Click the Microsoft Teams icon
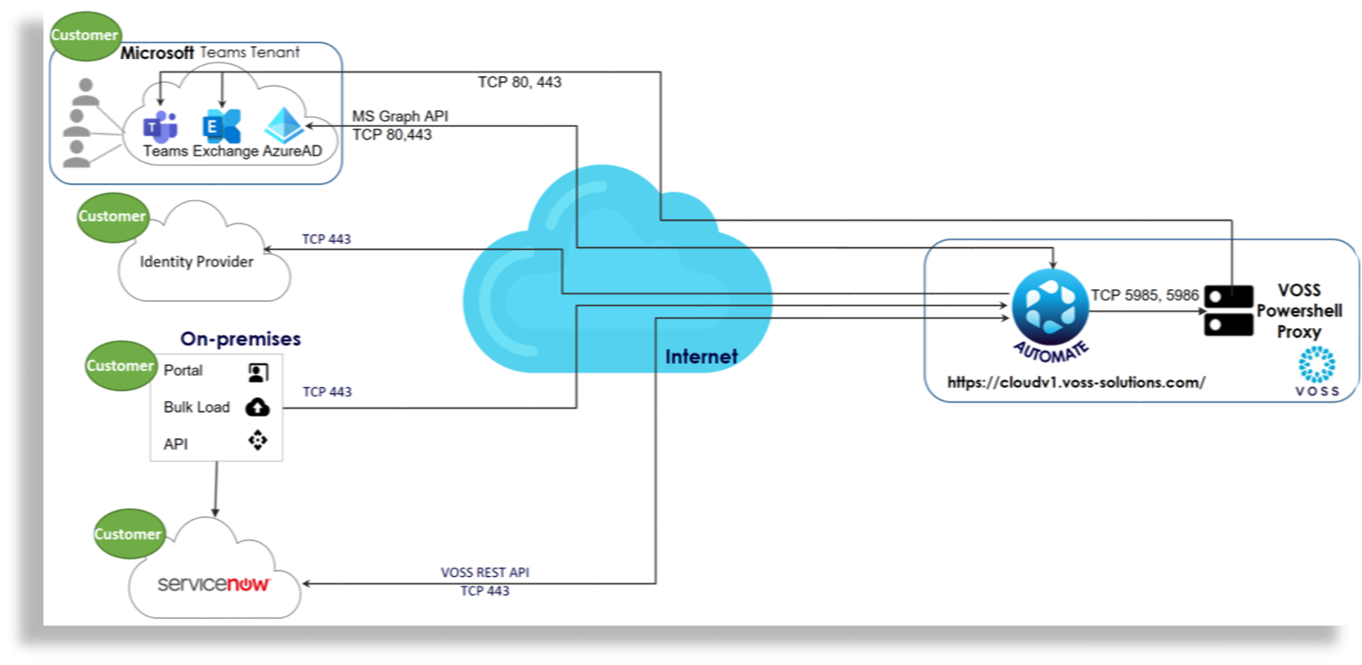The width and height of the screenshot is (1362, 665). pyautogui.click(x=161, y=126)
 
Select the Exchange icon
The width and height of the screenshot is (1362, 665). pyautogui.click(x=221, y=126)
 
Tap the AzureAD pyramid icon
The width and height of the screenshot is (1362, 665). pyautogui.click(x=284, y=125)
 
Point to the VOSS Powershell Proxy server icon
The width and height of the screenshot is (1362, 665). pyautogui.click(x=1228, y=311)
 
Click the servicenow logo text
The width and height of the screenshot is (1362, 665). pyautogui.click(x=213, y=584)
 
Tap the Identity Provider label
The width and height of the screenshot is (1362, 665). pyautogui.click(x=196, y=262)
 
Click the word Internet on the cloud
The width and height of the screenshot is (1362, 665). pyautogui.click(x=701, y=357)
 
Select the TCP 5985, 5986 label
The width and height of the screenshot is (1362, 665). pyautogui.click(x=1144, y=295)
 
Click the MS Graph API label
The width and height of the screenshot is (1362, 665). pyautogui.click(x=400, y=116)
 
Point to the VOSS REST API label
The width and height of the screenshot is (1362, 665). pyautogui.click(x=484, y=572)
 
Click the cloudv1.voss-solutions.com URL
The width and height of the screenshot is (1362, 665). pyautogui.click(x=1076, y=383)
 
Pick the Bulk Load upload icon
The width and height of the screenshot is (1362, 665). pyautogui.click(x=257, y=407)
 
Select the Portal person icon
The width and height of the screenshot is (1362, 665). pyautogui.click(x=258, y=372)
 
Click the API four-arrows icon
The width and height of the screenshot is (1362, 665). pyautogui.click(x=258, y=441)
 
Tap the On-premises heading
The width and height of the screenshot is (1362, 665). pyautogui.click(x=240, y=339)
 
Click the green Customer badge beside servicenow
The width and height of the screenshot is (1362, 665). pyautogui.click(x=128, y=533)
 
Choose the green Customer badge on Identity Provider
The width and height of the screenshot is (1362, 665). pyautogui.click(x=112, y=217)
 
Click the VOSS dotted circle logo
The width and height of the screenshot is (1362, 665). pyautogui.click(x=1316, y=364)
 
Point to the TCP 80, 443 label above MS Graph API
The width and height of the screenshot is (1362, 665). pyautogui.click(x=520, y=82)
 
